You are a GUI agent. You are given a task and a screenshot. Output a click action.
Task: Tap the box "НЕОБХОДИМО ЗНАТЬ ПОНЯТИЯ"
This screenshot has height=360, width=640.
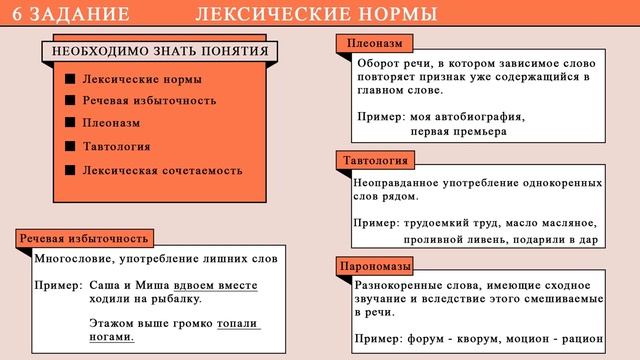point(159,52)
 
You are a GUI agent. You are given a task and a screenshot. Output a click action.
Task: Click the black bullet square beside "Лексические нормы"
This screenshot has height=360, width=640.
point(69,78)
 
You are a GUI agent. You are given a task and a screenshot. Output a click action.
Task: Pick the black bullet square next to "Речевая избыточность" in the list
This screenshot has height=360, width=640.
point(69,100)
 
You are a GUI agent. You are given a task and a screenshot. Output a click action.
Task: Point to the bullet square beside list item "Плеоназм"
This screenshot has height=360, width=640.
point(69,122)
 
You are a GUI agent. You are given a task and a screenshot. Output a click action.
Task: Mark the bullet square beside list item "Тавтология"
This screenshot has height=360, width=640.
point(69,146)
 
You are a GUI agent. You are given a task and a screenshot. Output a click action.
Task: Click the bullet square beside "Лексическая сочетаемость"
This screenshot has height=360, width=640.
point(69,169)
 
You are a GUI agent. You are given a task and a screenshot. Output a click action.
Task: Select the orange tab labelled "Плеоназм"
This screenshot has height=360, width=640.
point(375,46)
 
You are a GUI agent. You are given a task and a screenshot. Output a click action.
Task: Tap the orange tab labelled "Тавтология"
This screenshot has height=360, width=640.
point(376,160)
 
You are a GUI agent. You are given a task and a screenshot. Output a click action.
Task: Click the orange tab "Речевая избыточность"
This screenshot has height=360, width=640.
point(86,238)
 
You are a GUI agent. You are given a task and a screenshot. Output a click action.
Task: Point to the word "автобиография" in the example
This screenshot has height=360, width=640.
point(478,116)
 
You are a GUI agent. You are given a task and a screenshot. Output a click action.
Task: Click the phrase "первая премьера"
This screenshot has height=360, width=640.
point(459,131)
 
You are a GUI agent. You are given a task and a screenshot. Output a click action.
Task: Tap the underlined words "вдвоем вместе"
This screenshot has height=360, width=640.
point(216,285)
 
